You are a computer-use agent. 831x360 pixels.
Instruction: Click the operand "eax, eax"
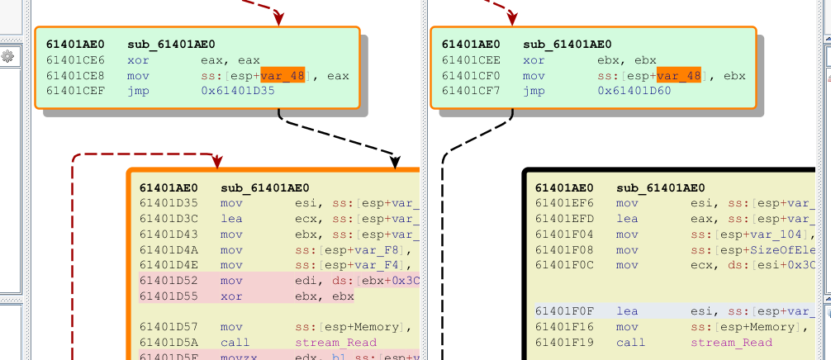click(230, 60)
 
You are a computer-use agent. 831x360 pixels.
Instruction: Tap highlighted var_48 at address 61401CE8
click(283, 76)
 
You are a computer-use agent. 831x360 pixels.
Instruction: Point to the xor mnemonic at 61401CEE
click(534, 60)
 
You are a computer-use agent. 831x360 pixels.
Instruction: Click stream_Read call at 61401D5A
click(335, 343)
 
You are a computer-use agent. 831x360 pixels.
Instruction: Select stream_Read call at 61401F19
click(731, 343)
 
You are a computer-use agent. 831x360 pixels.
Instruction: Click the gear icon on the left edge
click(8, 56)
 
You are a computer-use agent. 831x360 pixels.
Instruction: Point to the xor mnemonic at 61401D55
click(231, 296)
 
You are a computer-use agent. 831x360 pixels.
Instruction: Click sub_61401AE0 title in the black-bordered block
click(661, 188)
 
